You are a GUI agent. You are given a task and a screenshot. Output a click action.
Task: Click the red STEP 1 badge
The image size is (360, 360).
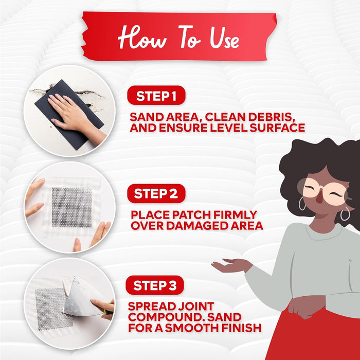pyautogui.click(x=156, y=95)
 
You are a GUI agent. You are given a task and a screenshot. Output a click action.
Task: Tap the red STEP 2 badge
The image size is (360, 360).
pyautogui.click(x=156, y=193)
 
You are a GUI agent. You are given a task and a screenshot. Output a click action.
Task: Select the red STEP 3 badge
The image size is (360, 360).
pyautogui.click(x=155, y=285)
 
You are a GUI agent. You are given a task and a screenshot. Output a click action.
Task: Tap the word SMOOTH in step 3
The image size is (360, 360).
pyautogui.click(x=192, y=328)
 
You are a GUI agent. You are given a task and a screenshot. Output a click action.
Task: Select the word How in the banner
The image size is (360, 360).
pyautogui.click(x=142, y=37)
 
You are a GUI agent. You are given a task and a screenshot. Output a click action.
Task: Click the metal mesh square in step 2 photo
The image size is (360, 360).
pyautogui.click(x=71, y=207)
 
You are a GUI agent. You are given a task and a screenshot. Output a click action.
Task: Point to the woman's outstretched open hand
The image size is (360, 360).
pyautogui.click(x=232, y=265)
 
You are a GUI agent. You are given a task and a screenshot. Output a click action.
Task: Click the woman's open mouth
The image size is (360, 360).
pyautogui.click(x=319, y=199)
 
